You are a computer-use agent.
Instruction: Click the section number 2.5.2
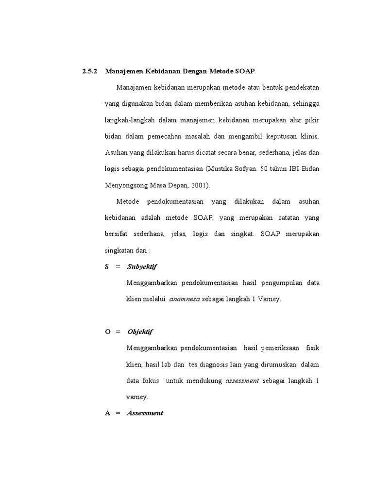tap(90, 71)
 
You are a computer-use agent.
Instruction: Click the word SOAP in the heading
tap(246, 71)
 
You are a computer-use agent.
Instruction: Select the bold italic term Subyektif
tap(142, 266)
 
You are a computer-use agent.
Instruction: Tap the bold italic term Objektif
tap(140, 331)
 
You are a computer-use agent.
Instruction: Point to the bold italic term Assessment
tap(145, 413)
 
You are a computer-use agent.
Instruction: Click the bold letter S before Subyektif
tap(107, 266)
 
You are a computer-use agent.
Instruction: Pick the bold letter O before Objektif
tap(107, 331)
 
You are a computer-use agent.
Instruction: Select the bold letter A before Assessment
tap(107, 413)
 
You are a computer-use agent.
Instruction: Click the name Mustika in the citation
tap(220, 168)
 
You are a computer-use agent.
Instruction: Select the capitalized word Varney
tap(269, 299)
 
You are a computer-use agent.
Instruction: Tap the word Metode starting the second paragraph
tap(128, 201)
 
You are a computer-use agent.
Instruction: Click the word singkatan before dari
tap(120, 250)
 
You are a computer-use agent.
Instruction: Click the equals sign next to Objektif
tap(118, 331)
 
